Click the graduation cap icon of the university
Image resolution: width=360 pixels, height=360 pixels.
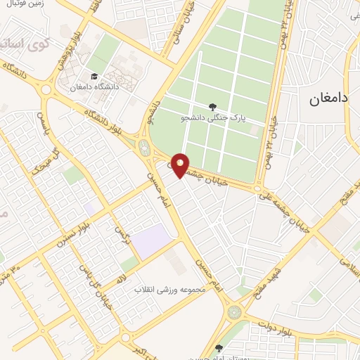point(92,77)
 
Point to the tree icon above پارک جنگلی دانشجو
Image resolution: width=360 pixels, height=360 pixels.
point(222,106)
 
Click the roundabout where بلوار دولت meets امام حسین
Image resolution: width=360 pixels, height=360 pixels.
point(235,311)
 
